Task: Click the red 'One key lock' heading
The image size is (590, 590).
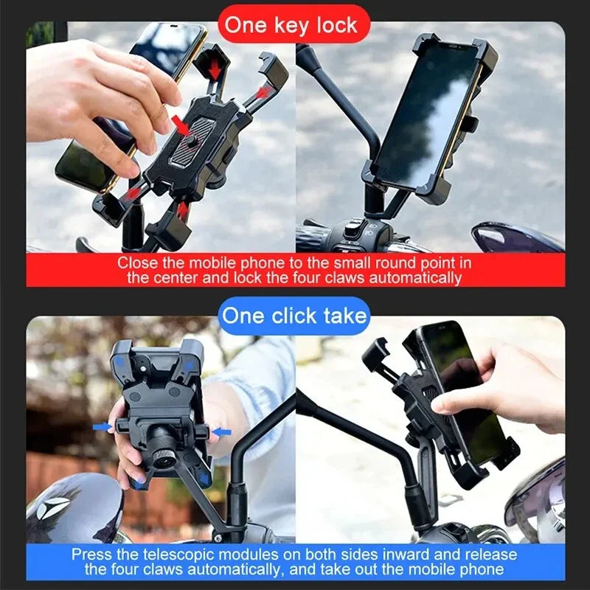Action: (291, 24)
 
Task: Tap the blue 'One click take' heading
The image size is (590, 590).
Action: (294, 316)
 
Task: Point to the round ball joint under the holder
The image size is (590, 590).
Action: (160, 452)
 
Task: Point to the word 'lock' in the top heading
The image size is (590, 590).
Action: (335, 24)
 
